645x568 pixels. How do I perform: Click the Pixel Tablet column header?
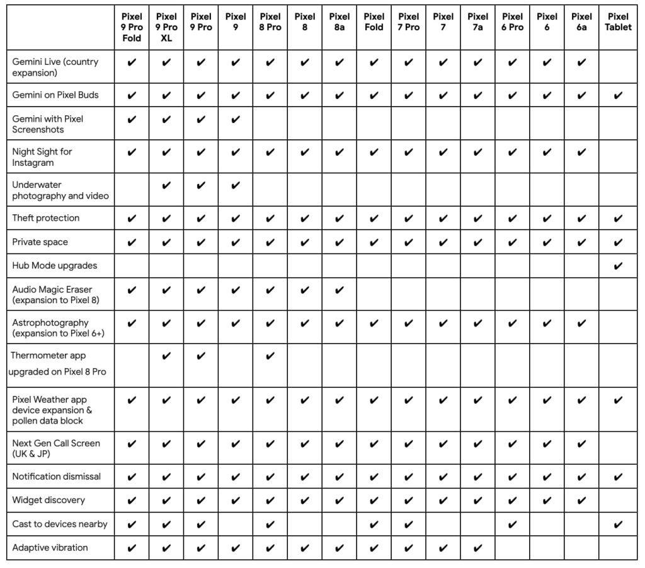tap(618, 22)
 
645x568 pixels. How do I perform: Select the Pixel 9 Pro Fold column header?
tap(132, 27)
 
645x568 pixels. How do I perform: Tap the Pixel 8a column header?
tap(340, 22)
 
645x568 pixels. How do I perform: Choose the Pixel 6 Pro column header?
tap(513, 22)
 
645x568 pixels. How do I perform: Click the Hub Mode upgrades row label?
tap(55, 265)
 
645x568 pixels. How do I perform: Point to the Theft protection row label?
tap(46, 218)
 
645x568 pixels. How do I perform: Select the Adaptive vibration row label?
tap(50, 548)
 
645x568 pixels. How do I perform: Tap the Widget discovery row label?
tap(49, 500)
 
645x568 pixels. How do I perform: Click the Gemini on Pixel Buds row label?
tap(55, 95)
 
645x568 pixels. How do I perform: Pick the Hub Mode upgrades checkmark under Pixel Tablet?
tap(618, 265)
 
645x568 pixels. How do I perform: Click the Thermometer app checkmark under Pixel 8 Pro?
tap(270, 356)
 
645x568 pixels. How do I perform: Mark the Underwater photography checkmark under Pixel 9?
tap(236, 185)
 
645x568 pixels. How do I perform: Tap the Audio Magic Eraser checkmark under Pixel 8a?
tap(340, 290)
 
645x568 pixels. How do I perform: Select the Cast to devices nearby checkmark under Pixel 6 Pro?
tap(513, 524)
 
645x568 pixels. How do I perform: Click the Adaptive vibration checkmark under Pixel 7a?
tap(478, 548)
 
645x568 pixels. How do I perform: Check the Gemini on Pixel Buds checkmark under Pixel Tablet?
tap(618, 95)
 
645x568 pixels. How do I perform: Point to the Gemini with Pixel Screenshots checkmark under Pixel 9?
tap(236, 119)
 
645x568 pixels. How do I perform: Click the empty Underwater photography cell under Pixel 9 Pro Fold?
tap(132, 189)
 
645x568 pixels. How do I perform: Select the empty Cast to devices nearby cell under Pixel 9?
tap(236, 524)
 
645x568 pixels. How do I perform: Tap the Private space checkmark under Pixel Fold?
tap(374, 242)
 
